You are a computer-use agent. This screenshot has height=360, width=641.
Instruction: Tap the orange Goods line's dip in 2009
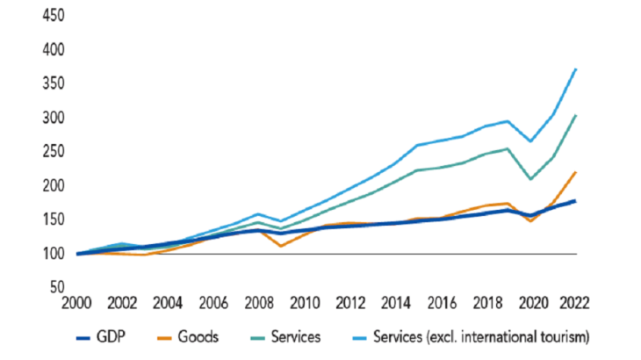[280, 246]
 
